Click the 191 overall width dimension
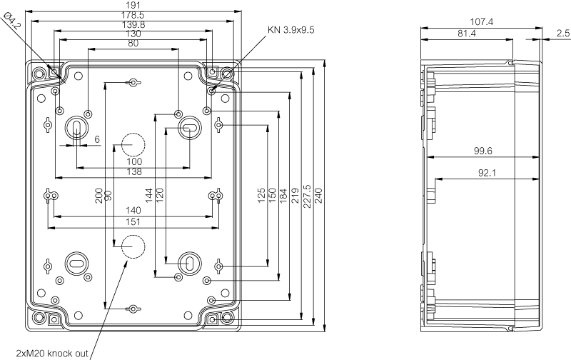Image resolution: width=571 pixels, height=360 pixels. tap(133, 4)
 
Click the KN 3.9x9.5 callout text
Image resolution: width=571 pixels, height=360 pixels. tap(290, 31)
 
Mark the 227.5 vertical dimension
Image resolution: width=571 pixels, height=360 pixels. tap(307, 194)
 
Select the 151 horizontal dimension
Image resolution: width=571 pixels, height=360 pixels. tap(133, 222)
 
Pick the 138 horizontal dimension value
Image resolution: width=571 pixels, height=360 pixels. tap(133, 172)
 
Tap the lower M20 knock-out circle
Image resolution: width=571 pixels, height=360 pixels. tap(131, 246)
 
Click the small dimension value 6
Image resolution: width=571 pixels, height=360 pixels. tap(96, 139)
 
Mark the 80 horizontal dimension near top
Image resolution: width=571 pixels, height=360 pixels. tap(133, 44)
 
